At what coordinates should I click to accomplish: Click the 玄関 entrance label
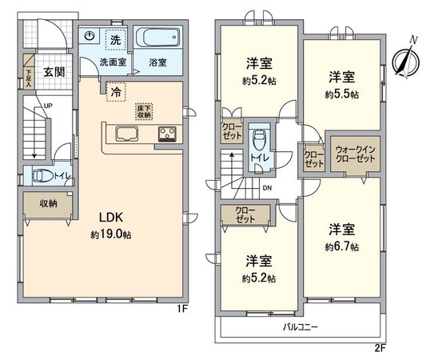click(x=54, y=70)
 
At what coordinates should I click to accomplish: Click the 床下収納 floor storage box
click(x=144, y=111)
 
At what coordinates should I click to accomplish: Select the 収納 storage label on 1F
click(x=47, y=203)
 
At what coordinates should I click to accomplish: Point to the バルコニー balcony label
click(x=301, y=327)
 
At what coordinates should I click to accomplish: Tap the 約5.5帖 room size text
click(x=341, y=94)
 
